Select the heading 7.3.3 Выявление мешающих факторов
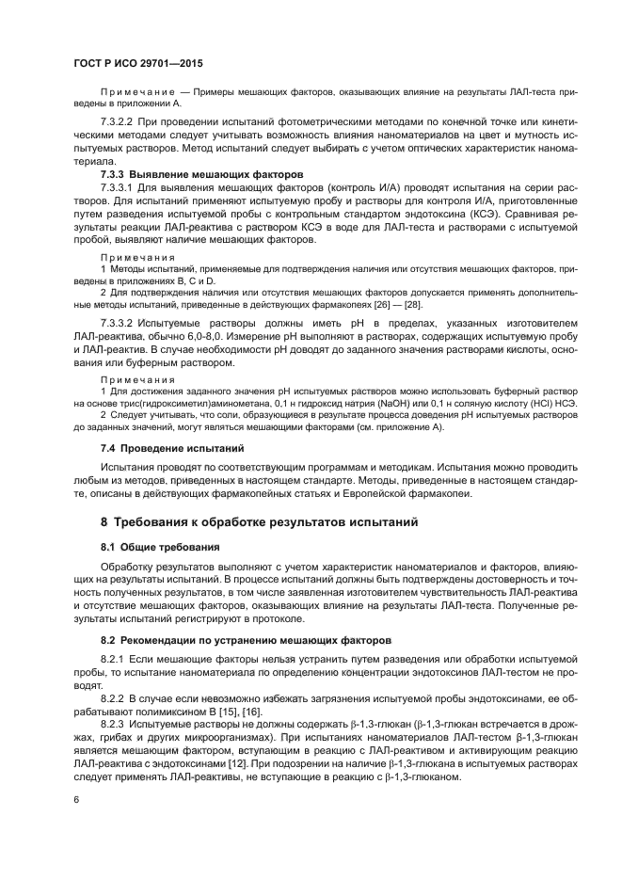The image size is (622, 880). click(x=202, y=175)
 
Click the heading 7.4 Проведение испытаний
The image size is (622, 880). click(x=172, y=447)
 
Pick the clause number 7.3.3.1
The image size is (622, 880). click(x=120, y=188)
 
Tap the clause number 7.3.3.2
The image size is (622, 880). click(x=120, y=323)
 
